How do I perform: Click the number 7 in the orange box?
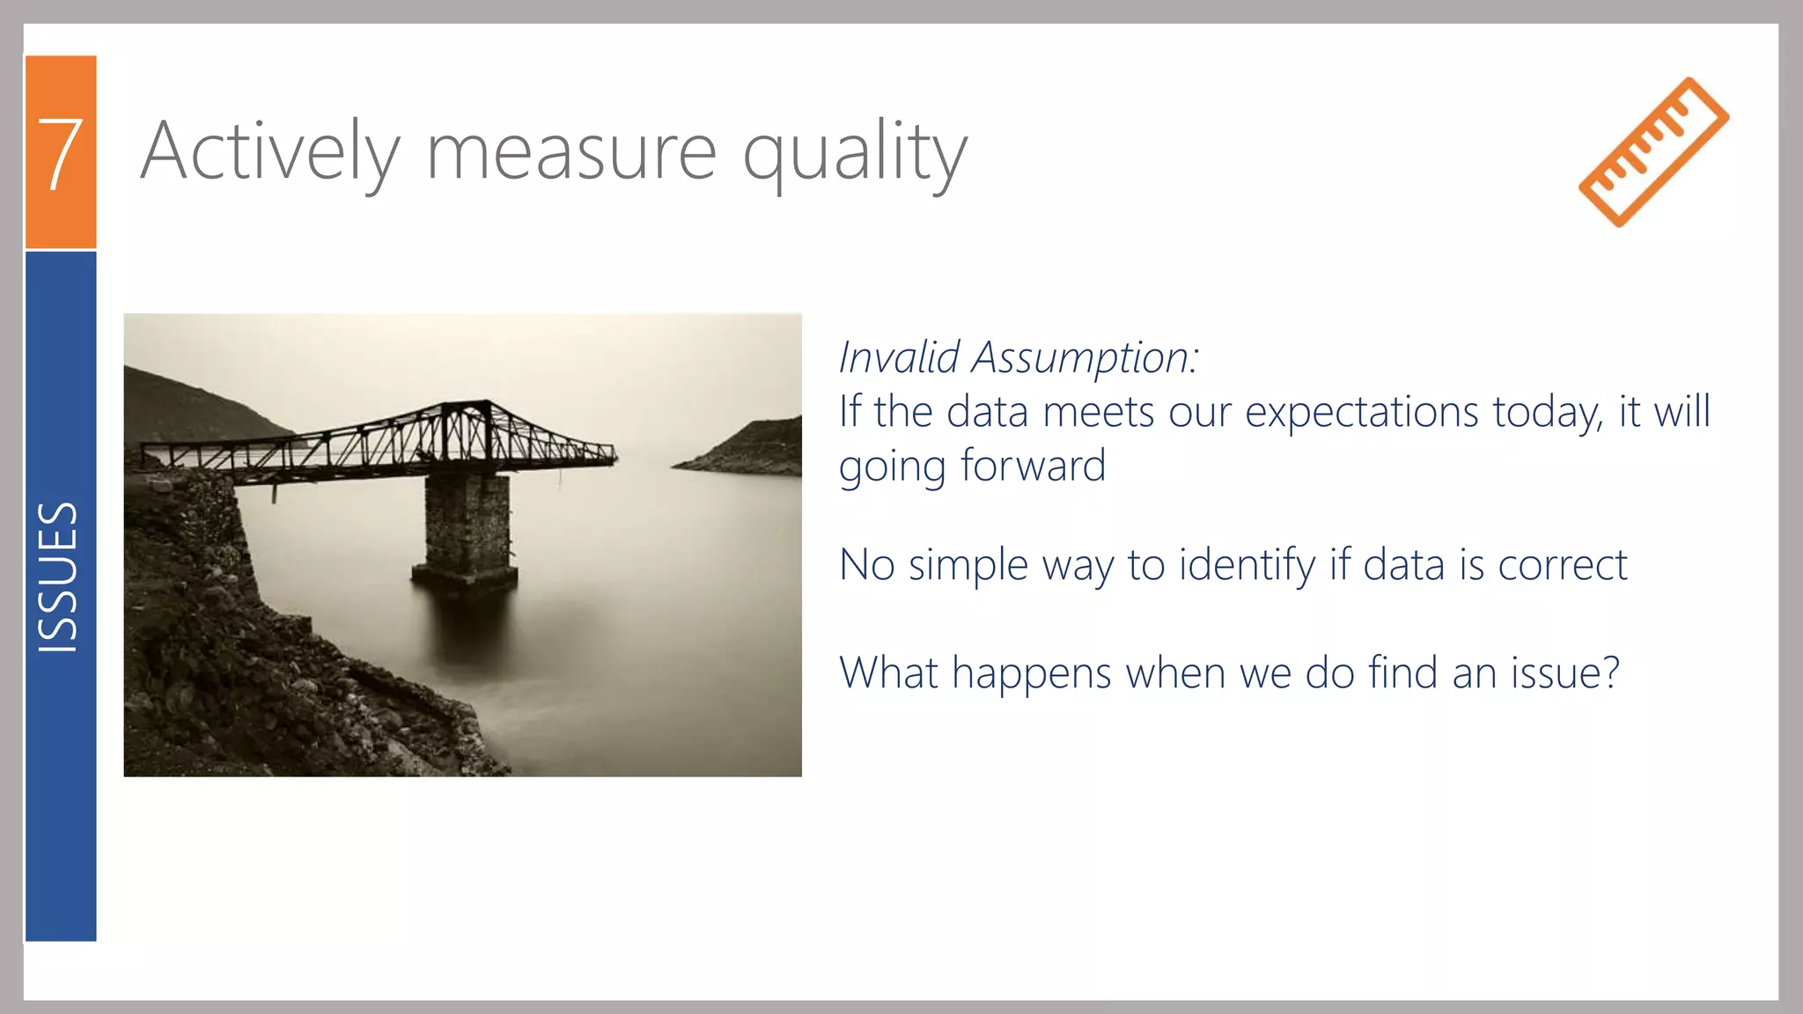[x=60, y=154]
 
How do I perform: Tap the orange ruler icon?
[x=1653, y=151]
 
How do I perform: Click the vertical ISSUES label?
[x=59, y=577]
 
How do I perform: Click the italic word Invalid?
[x=898, y=357]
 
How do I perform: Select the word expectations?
[x=1361, y=412]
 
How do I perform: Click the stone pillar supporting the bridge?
[x=466, y=528]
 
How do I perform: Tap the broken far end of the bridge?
[x=607, y=454]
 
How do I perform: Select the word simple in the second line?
[x=968, y=565]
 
